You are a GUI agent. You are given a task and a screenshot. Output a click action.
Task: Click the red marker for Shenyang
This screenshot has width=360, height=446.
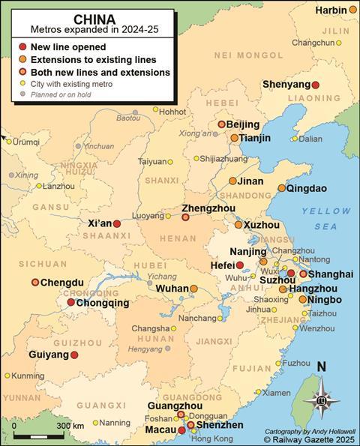[316, 85]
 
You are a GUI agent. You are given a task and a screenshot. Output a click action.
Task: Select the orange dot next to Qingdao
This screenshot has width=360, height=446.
[282, 189]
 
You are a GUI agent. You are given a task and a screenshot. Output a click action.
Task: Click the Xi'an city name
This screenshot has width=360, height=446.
[99, 223]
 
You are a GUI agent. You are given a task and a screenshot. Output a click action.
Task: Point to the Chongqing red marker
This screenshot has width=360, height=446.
[70, 303]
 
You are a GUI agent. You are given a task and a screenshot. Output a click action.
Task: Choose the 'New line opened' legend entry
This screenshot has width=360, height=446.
[73, 46]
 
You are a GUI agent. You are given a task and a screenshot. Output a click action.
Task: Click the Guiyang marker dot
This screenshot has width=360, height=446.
[74, 355]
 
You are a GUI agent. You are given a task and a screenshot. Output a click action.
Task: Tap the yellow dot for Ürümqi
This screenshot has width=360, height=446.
[7, 141]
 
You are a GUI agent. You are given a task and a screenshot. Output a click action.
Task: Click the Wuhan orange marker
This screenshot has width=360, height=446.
[193, 289]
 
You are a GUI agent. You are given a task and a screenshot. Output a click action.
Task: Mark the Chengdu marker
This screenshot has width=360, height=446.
[35, 283]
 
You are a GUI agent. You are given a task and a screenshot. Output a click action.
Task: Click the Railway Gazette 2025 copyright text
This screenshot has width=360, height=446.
[310, 440]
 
